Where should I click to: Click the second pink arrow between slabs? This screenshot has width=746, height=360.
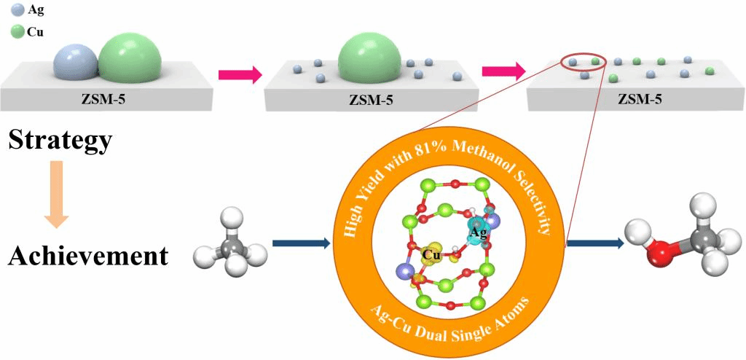[503, 71]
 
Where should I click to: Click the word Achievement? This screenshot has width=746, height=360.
[88, 256]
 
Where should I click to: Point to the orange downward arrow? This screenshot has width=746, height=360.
[56, 193]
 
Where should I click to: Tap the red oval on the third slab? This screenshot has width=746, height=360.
[584, 61]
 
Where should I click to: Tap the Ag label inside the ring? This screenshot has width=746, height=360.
[478, 232]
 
